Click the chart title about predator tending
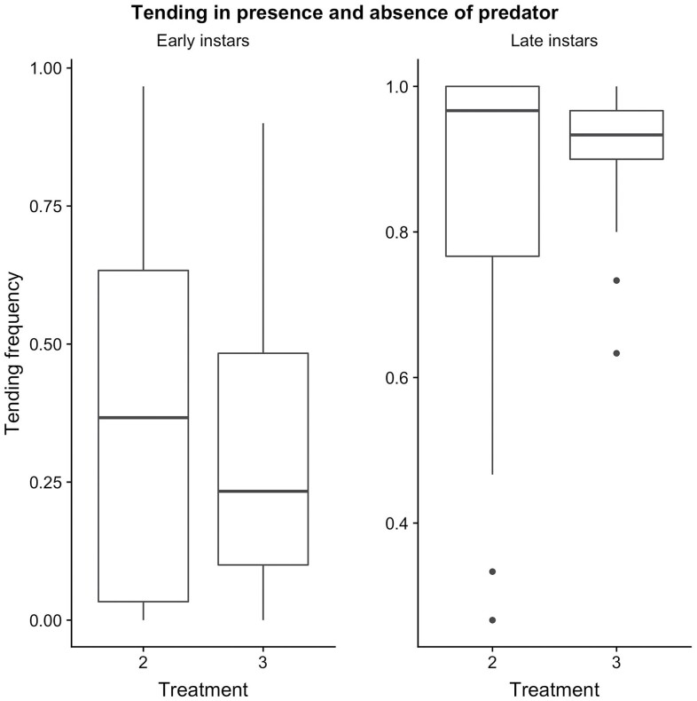click(348, 12)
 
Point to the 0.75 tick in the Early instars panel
click(45, 206)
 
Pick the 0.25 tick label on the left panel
click(45, 482)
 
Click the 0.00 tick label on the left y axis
click(45, 620)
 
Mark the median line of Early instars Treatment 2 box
click(144, 417)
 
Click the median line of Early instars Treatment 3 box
click(262, 491)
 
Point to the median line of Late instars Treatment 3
click(616, 135)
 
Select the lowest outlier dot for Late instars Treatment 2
click(492, 619)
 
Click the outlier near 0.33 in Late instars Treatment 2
click(492, 571)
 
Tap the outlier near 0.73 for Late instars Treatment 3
click(616, 280)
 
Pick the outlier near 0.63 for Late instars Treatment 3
click(616, 353)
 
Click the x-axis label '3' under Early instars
click(262, 662)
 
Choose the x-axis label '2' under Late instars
click(492, 662)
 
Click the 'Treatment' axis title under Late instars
click(554, 689)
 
